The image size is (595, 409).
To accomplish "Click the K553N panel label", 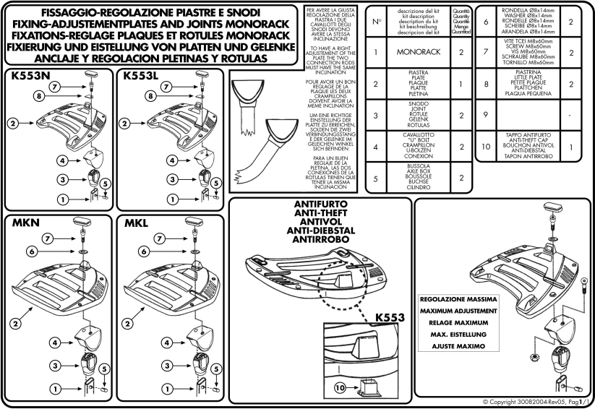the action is (x=30, y=76).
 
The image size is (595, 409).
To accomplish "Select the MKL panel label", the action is (x=136, y=223).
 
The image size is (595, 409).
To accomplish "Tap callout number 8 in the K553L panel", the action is (x=150, y=96).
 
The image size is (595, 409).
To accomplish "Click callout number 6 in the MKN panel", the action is (x=33, y=251).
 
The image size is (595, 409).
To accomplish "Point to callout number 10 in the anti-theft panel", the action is (x=340, y=388).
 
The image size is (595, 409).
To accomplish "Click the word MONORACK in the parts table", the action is (x=418, y=52).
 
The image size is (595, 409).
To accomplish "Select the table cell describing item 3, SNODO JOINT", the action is (x=418, y=115).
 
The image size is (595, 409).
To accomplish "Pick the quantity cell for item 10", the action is (x=571, y=147).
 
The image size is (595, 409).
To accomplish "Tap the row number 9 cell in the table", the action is (x=486, y=115).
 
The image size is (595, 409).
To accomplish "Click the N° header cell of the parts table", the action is (x=376, y=22).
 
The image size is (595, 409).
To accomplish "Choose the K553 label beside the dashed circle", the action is (x=390, y=317).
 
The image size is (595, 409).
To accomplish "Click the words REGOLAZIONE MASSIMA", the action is (x=458, y=299).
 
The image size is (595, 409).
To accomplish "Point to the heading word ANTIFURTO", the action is (x=321, y=204).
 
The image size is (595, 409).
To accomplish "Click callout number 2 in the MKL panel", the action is (x=127, y=324).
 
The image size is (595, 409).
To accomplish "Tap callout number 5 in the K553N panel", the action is (x=105, y=184).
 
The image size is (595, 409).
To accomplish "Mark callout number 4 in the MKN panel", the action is (x=55, y=343).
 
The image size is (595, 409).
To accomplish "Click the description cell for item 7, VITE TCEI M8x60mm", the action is (x=528, y=52).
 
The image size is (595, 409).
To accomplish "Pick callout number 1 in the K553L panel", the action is (x=173, y=199).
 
